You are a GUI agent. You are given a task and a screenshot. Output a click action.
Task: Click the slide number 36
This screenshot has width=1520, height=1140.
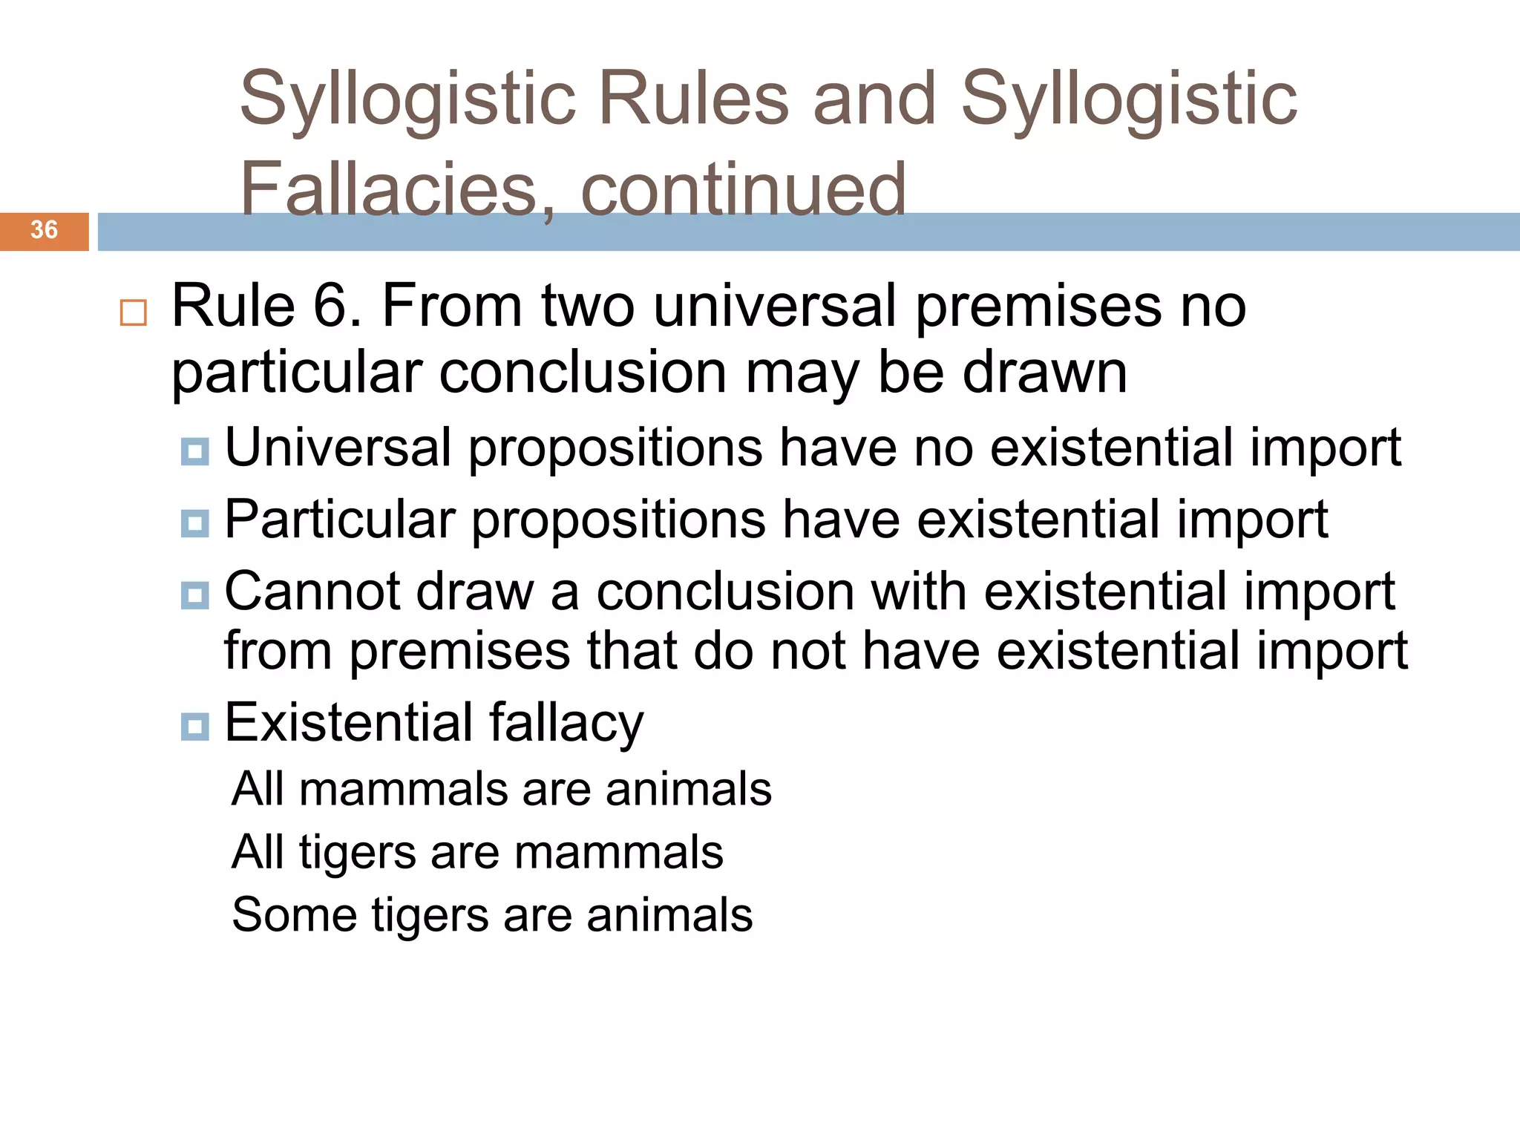point(44,230)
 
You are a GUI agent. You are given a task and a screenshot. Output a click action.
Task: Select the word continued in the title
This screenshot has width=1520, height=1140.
point(743,189)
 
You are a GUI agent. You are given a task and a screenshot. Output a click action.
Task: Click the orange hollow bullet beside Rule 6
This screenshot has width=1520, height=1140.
point(134,312)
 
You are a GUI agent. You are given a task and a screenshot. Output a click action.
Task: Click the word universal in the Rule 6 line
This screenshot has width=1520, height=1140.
point(776,306)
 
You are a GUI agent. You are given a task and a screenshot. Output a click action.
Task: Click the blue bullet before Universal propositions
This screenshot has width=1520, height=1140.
point(195,451)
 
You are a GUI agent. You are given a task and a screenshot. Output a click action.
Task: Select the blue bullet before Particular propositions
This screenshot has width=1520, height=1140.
point(195,523)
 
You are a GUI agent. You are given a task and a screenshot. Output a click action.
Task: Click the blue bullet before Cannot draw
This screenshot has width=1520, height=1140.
point(195,595)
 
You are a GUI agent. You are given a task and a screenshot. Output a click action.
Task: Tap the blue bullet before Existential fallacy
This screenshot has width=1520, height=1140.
point(195,726)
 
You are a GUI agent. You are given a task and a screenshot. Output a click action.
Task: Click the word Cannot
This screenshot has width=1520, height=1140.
point(312,592)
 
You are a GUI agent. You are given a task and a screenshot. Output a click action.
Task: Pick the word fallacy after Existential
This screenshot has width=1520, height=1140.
point(566,723)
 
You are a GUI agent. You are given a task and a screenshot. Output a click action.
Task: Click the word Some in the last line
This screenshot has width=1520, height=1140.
point(294,914)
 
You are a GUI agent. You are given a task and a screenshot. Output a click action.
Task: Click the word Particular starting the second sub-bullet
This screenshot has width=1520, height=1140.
point(339,520)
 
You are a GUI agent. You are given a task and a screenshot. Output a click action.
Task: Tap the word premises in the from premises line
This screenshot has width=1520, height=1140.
point(459,651)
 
